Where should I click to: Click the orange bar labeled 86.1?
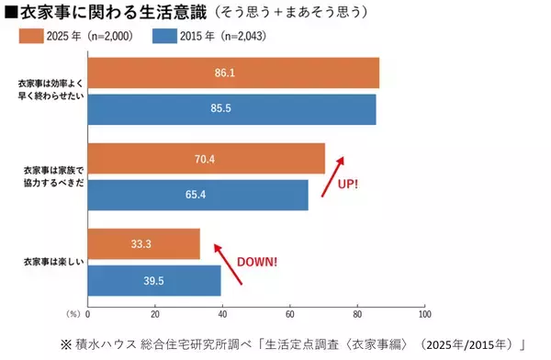(232, 73)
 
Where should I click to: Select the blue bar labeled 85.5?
(231, 109)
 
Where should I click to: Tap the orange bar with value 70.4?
(206, 158)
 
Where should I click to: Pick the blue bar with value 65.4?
(197, 195)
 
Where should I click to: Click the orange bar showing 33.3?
(143, 243)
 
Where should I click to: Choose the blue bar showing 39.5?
(153, 280)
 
